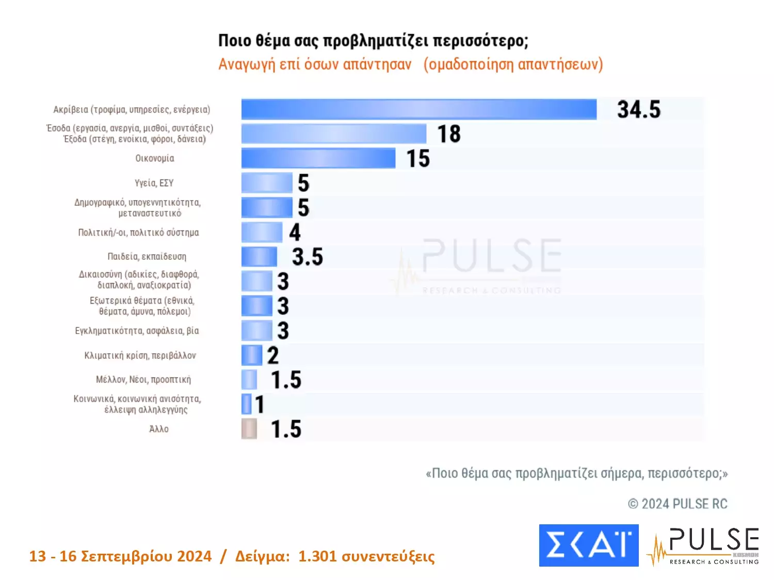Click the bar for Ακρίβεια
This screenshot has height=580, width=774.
coord(418,109)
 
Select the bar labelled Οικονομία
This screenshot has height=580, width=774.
coord(318,158)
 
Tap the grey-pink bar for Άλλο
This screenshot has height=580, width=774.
coord(249,429)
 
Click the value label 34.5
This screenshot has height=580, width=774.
coord(639,110)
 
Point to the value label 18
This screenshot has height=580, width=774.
coord(449,134)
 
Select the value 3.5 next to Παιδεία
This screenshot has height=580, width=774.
coord(308,257)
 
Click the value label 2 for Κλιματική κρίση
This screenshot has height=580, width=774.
coord(273,355)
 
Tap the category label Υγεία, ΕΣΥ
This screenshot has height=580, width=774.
coord(154,183)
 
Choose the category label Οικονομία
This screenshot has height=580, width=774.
coord(154,158)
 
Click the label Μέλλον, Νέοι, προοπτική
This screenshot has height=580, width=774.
coord(143,380)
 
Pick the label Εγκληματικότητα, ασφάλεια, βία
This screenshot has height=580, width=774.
coord(137,331)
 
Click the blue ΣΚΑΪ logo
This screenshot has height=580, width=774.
coord(589,545)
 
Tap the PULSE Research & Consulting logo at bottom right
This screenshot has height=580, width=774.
coord(704,546)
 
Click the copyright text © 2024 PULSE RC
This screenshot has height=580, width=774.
coord(677,504)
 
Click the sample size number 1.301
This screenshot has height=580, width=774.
coord(317,556)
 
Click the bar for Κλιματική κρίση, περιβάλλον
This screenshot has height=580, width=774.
coord(252,355)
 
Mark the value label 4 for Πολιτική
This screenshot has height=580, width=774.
coord(295,233)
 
